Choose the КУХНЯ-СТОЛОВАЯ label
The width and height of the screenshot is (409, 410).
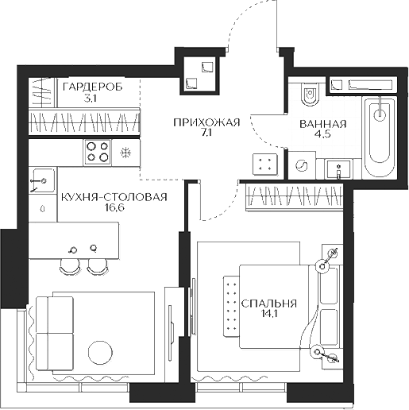pos(113,197)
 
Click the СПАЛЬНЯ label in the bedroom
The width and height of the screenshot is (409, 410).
pos(268,303)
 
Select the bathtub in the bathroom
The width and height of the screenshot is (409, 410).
pos(380,137)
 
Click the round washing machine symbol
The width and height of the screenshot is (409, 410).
pos(302,166)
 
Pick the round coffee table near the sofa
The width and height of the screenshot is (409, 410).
pos(102,351)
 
